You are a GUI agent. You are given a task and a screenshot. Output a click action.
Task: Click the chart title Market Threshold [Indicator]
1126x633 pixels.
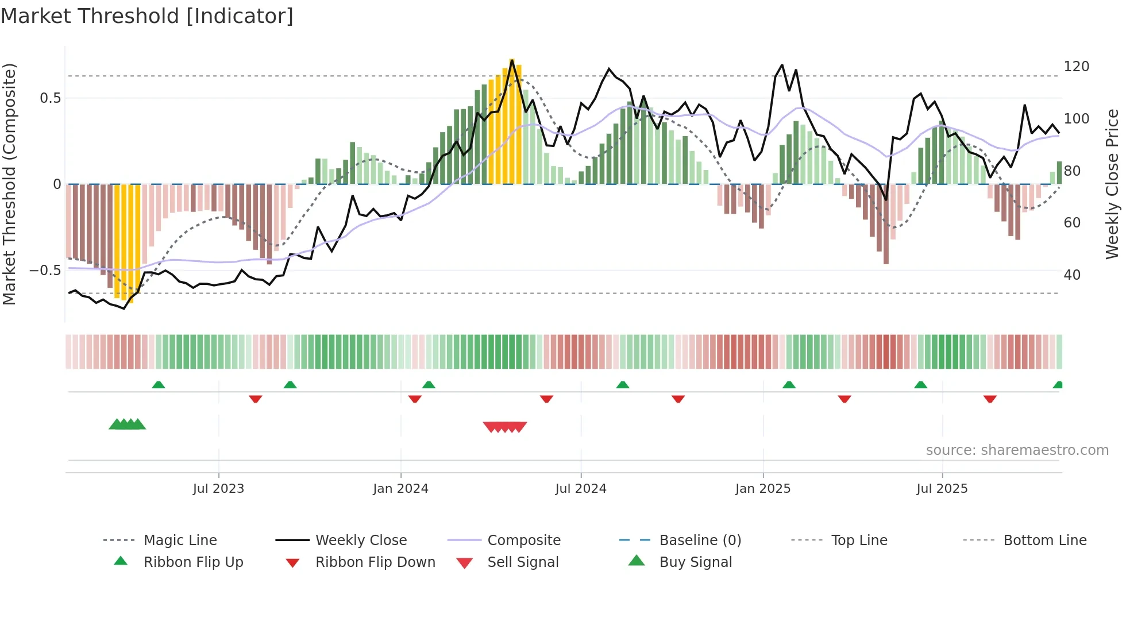click(147, 16)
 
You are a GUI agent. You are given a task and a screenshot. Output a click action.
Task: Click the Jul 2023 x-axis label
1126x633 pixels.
click(218, 489)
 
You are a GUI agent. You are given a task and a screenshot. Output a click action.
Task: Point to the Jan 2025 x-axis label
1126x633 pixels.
click(763, 489)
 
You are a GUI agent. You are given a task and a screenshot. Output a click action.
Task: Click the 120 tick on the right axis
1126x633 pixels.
click(1076, 67)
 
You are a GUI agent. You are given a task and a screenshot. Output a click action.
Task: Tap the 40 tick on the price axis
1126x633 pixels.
click(1072, 275)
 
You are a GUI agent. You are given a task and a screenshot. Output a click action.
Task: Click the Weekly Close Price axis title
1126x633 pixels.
click(1113, 184)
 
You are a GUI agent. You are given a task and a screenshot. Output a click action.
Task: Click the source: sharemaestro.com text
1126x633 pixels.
click(1017, 450)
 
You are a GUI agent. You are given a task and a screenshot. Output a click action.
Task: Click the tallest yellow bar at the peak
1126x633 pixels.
click(512, 121)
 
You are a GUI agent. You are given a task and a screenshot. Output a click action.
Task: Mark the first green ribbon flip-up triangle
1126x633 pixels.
click(159, 385)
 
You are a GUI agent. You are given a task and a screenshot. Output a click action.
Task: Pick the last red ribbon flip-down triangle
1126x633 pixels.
click(990, 399)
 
